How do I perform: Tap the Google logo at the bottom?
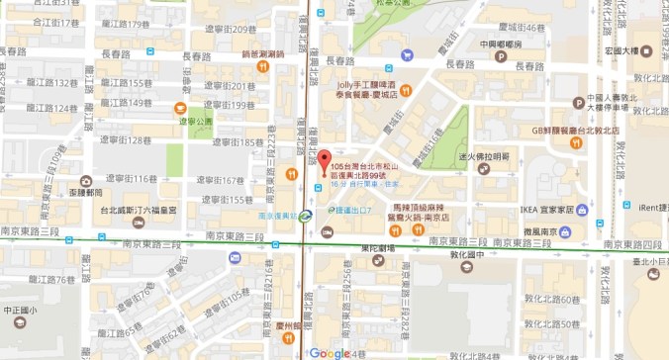click(330, 353)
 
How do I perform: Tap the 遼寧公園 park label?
click(196, 121)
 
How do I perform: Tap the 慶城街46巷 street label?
click(524, 28)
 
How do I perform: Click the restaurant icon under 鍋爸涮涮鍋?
click(263, 67)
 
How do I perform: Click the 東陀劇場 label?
click(376, 247)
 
